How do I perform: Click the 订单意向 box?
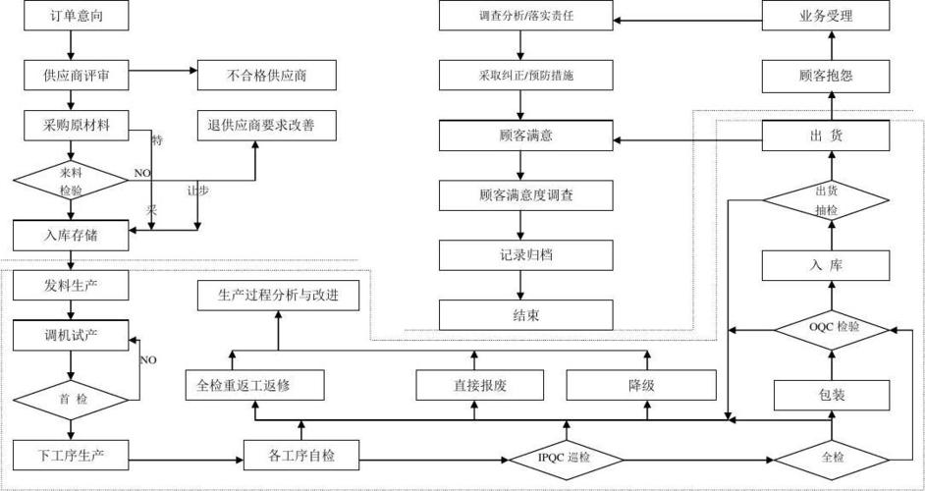click(70, 17)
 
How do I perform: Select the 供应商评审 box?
click(70, 74)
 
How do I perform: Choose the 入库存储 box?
click(70, 235)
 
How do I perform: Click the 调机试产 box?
click(70, 335)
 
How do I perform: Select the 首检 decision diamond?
click(70, 398)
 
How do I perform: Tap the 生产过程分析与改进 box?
click(276, 296)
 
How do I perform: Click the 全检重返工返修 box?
click(254, 385)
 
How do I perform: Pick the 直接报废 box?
click(473, 385)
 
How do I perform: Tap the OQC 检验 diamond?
click(832, 327)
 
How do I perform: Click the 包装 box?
click(832, 396)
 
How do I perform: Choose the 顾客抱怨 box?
click(827, 74)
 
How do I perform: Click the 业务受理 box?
click(827, 17)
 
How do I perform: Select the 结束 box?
click(525, 315)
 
